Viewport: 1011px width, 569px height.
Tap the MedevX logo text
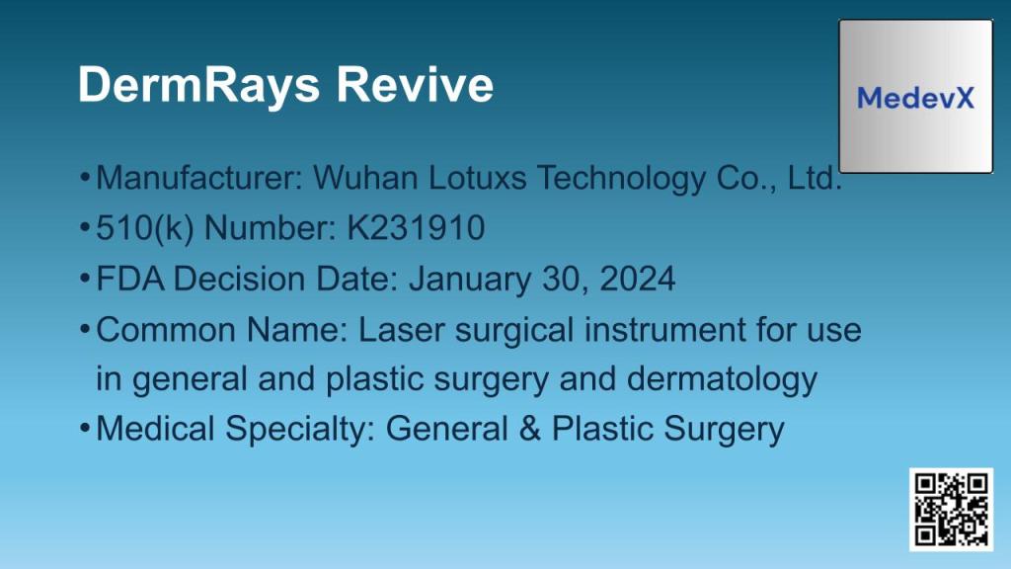coord(915,98)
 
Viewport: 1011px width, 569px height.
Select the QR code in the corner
coord(951,509)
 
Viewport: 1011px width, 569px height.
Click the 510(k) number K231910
coord(416,229)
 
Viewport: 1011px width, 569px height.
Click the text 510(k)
coord(138,229)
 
